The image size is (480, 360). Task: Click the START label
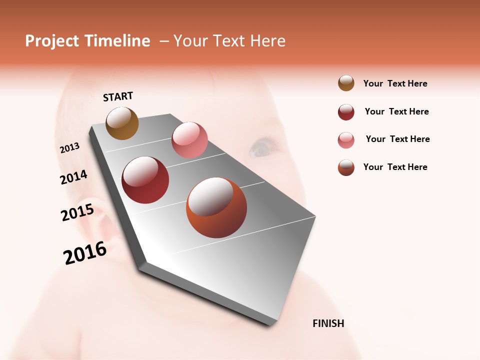click(x=118, y=96)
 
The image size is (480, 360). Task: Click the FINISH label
click(x=328, y=323)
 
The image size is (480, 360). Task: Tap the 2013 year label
click(x=70, y=148)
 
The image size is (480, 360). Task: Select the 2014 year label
click(x=73, y=177)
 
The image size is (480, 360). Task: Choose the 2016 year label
click(x=85, y=253)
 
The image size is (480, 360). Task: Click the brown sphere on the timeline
click(x=122, y=123)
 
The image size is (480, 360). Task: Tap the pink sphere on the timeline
click(x=189, y=140)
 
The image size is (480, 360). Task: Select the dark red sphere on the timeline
click(x=145, y=180)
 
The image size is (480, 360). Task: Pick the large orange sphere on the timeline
click(x=216, y=207)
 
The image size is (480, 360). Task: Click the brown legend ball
click(x=346, y=83)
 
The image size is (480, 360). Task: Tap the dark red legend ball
click(x=346, y=112)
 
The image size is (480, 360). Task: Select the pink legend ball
click(x=346, y=140)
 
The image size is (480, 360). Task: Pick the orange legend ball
click(x=346, y=167)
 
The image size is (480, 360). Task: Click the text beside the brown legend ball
click(x=395, y=83)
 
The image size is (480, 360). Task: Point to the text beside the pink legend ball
click(x=397, y=139)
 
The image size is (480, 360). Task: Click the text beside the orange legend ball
click(x=395, y=167)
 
